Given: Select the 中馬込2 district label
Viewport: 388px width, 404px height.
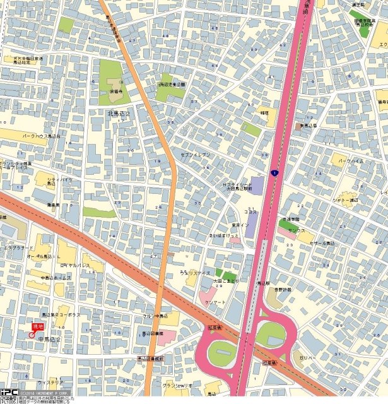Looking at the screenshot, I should [x=49, y=340].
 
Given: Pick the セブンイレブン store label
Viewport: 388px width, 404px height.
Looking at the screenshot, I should [x=195, y=155].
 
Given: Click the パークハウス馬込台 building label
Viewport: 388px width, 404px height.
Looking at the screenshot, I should [x=41, y=136].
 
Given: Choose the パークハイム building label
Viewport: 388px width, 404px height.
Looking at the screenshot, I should [x=350, y=162].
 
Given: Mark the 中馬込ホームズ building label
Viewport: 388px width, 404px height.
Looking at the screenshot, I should [x=56, y=278].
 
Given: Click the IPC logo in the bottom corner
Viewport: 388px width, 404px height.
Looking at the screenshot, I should [x=9, y=391].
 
